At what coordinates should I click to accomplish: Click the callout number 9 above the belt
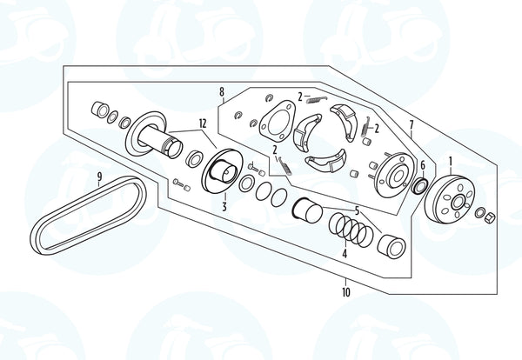[99, 177]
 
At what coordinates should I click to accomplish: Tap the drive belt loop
[88, 216]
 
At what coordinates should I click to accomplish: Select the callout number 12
[203, 123]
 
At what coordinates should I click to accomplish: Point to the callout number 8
[222, 92]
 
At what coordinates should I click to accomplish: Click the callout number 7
[412, 125]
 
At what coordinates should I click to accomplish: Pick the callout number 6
[423, 164]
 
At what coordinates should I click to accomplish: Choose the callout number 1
[451, 162]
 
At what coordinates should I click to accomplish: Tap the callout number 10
[346, 292]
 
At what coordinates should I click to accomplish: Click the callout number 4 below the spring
[345, 254]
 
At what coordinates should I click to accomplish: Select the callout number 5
[357, 210]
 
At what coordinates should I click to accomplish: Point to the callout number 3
[224, 207]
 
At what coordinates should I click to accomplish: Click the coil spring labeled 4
[351, 230]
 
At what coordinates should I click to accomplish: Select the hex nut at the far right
[491, 217]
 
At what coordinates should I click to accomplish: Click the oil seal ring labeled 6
[420, 186]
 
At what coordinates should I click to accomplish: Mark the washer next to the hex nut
[479, 212]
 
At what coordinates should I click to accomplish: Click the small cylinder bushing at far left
[100, 110]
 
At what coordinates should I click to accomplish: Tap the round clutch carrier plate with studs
[394, 176]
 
